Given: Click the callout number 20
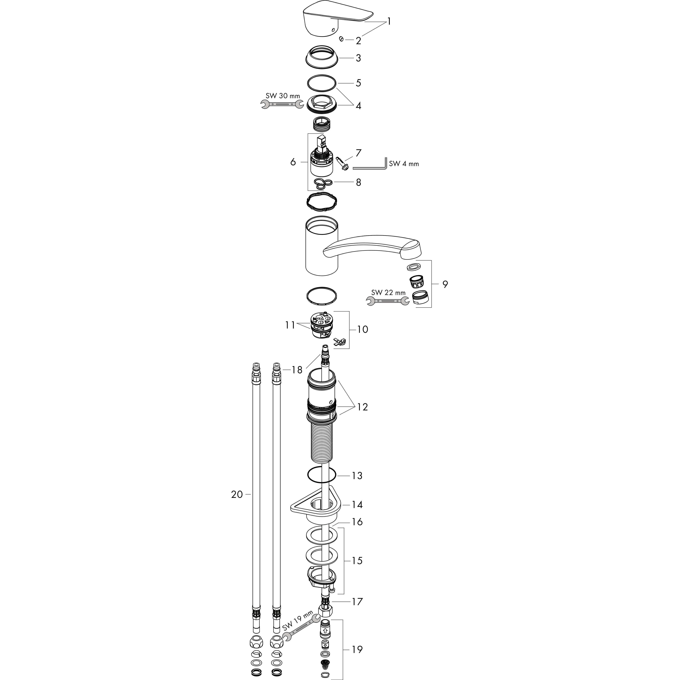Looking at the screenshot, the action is [x=237, y=495].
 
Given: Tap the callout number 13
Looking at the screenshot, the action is [x=357, y=475].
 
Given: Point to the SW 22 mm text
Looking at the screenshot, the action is [x=388, y=293].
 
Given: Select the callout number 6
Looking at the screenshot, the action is [x=293, y=162].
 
